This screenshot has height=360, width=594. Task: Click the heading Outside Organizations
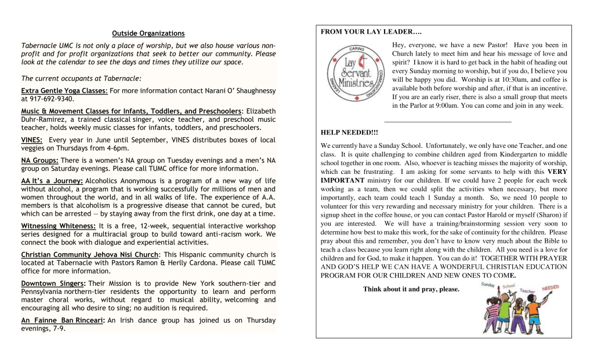[148, 34]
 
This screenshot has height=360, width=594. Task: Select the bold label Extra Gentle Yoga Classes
[64, 91]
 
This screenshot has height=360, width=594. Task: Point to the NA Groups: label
[39, 160]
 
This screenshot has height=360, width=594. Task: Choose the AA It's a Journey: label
[52, 181]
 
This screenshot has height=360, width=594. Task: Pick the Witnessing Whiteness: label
[58, 226]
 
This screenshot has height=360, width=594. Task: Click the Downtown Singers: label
[53, 283]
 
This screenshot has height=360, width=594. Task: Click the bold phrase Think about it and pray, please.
[411, 289]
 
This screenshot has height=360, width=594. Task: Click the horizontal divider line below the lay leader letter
[448, 122]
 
